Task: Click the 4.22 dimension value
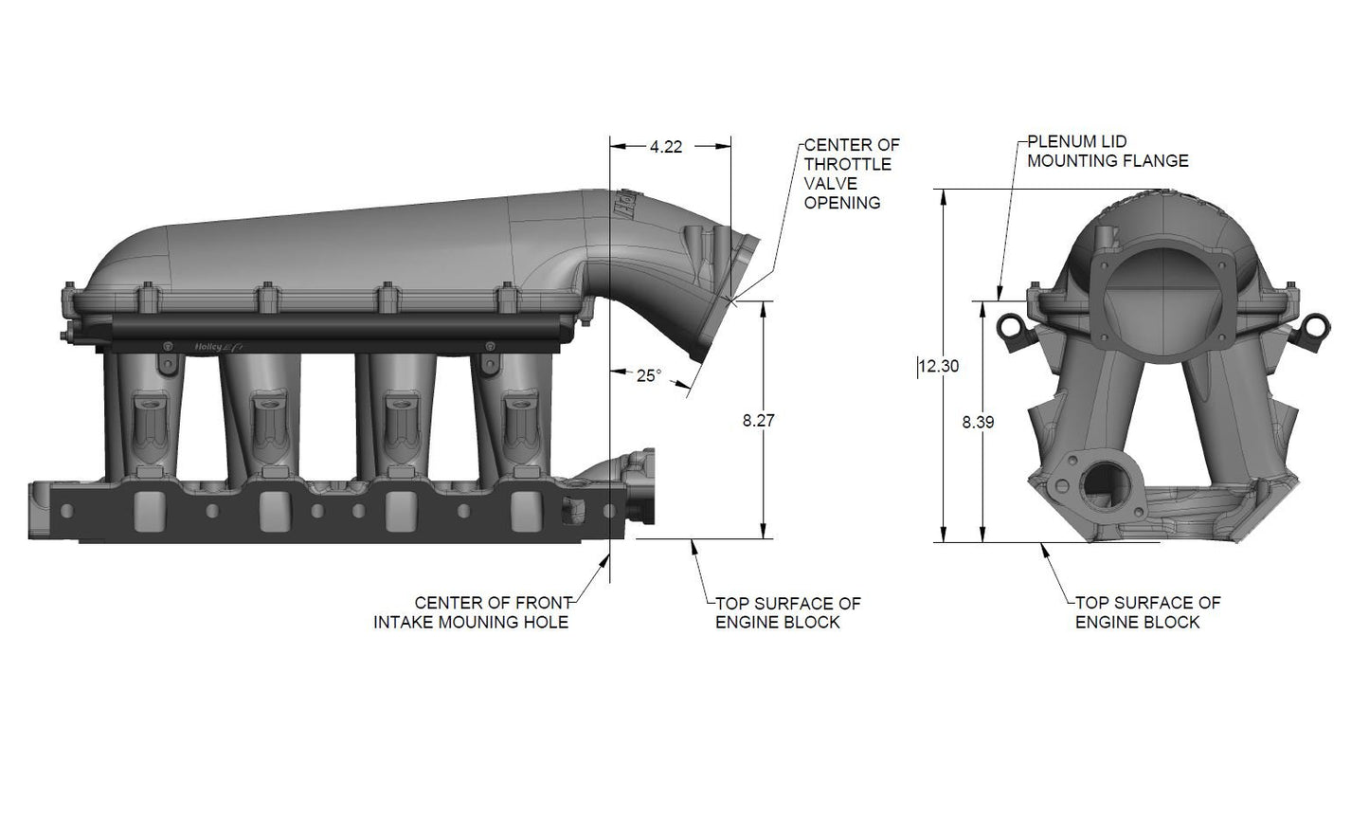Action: [x=666, y=147]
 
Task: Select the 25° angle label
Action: [x=648, y=375]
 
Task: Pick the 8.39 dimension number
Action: [x=978, y=423]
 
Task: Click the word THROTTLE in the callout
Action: [x=848, y=164]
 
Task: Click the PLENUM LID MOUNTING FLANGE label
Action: [x=1108, y=152]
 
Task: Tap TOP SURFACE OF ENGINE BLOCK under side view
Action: [x=787, y=612]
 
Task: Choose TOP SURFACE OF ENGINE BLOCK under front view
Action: [x=1147, y=612]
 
